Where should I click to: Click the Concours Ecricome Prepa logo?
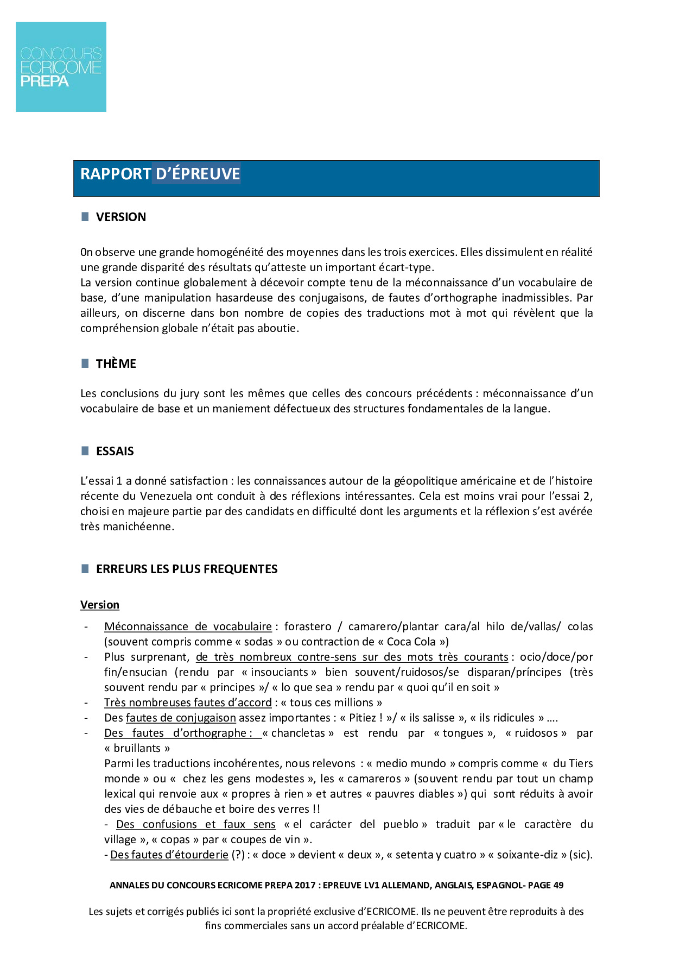(61, 67)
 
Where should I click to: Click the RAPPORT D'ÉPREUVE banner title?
(160, 174)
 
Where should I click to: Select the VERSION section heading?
(121, 217)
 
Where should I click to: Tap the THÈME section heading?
(116, 364)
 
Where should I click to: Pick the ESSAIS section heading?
(115, 452)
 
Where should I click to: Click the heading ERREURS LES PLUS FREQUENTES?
(187, 569)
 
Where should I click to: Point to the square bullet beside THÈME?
(85, 363)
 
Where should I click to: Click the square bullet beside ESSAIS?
(85, 451)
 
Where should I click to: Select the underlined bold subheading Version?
(100, 605)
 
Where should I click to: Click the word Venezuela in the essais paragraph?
(166, 496)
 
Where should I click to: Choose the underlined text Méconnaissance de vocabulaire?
(188, 626)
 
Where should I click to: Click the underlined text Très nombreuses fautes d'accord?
(188, 703)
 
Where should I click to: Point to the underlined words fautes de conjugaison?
(181, 718)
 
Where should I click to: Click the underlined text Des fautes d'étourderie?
(169, 855)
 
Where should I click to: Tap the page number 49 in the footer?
(558, 886)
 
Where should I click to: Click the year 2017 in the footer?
(305, 886)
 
